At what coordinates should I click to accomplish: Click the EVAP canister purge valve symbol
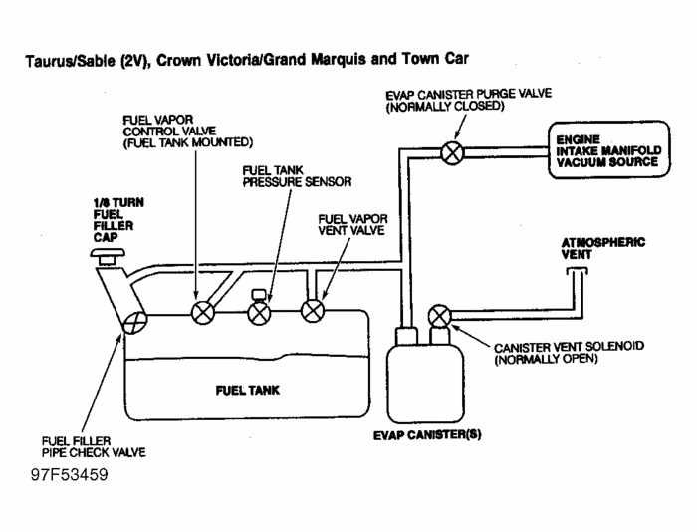(451, 152)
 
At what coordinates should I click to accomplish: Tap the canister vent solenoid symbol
(437, 317)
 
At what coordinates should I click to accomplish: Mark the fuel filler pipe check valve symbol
(134, 322)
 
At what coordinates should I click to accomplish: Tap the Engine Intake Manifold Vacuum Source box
(606, 151)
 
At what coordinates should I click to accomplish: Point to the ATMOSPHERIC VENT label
(589, 246)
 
